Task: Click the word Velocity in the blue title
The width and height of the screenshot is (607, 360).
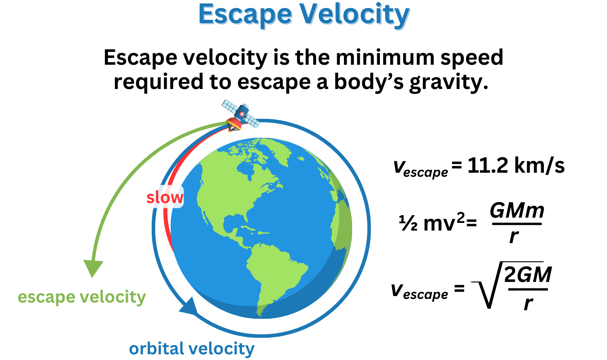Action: (354, 15)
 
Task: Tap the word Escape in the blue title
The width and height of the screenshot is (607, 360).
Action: (245, 15)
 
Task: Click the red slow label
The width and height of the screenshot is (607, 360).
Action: (165, 197)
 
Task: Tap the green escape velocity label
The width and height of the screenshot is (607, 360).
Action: (82, 297)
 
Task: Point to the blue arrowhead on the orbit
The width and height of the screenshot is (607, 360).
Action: (189, 307)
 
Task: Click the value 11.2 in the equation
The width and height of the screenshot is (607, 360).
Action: (488, 165)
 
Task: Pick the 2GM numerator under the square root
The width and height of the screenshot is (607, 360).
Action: (528, 275)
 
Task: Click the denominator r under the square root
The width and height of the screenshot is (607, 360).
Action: (528, 303)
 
